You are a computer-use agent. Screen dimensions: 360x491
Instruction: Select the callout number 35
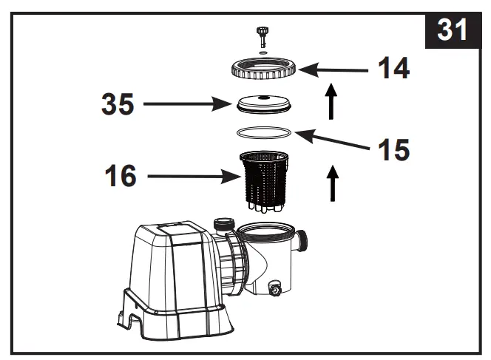118,104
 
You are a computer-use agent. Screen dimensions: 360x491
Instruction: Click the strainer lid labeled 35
263,104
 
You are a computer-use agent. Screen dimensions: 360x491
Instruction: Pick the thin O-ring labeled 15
263,132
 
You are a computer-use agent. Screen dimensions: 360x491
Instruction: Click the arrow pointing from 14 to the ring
333,70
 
